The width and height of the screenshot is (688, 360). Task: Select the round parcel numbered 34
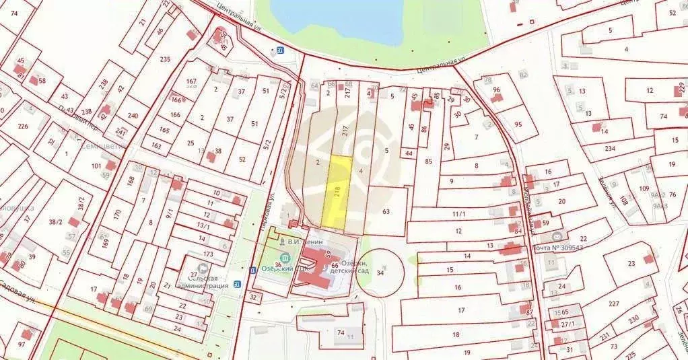380,273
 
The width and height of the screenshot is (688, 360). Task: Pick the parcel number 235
165,59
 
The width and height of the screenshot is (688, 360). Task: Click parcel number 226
22,126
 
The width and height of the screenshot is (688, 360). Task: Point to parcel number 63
386,211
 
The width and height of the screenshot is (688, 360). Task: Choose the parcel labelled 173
207,254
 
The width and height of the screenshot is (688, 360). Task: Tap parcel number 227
614,303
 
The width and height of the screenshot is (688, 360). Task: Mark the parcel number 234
609,149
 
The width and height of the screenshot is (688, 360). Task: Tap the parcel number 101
95,166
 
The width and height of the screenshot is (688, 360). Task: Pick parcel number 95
518,124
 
